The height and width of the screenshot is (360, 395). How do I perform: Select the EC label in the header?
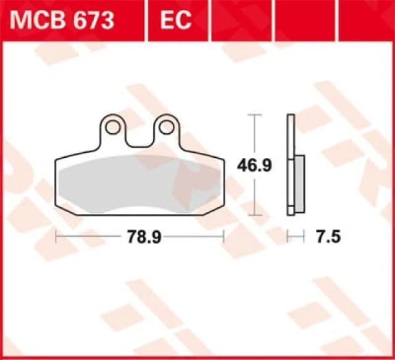pyautogui.click(x=177, y=21)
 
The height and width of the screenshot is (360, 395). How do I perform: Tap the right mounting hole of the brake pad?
pyautogui.click(x=166, y=127)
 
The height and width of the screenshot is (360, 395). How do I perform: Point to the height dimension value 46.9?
pyautogui.click(x=254, y=165)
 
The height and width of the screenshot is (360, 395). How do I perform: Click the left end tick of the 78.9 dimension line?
pyautogui.click(x=56, y=235)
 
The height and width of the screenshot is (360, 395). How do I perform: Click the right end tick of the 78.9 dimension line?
pyautogui.click(x=223, y=235)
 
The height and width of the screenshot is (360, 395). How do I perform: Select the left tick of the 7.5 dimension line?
pyautogui.click(x=288, y=235)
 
